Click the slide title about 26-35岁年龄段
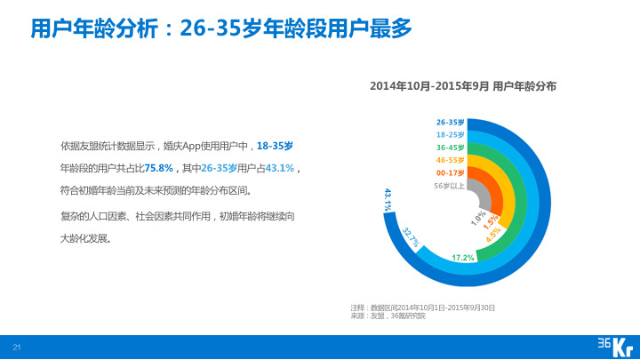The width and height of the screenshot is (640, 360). click(x=221, y=28)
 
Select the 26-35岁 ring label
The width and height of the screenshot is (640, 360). click(x=451, y=122)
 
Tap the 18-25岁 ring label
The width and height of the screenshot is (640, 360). click(x=451, y=134)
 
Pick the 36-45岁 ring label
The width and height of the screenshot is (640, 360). click(x=451, y=147)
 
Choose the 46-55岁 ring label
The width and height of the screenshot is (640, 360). click(x=451, y=159)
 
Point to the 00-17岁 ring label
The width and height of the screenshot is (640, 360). click(x=451, y=172)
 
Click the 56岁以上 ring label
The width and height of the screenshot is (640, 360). click(x=449, y=186)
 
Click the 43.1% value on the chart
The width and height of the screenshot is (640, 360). click(x=388, y=199)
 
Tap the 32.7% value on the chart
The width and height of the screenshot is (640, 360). click(x=411, y=236)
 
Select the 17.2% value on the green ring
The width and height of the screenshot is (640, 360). click(x=462, y=258)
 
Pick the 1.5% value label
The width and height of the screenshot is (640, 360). click(x=490, y=224)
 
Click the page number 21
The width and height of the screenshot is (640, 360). click(x=15, y=345)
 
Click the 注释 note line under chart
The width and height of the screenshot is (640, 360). click(x=422, y=307)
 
